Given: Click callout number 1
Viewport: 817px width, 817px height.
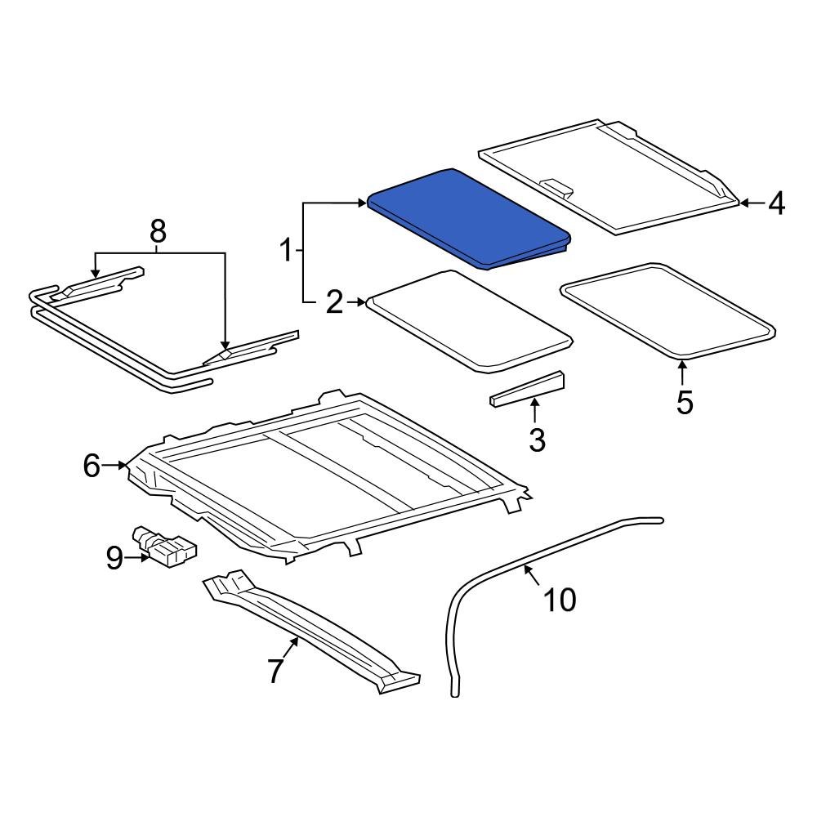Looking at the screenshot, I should point(286,250).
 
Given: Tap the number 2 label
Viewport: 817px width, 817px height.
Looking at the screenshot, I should point(334,303).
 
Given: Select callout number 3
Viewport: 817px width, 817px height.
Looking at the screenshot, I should point(537,440).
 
